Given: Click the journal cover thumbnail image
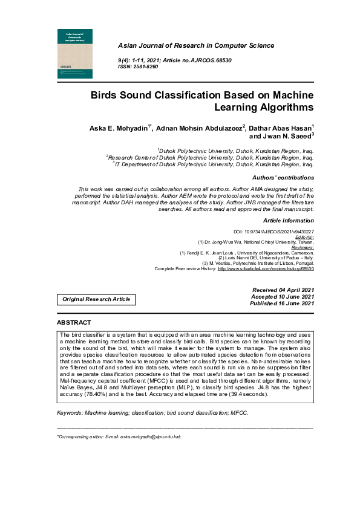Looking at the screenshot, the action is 75,53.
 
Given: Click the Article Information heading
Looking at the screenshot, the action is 288,221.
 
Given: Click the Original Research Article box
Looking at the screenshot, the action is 96,299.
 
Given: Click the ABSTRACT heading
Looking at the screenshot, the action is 74,323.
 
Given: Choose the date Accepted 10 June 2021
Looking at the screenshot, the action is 283,297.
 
